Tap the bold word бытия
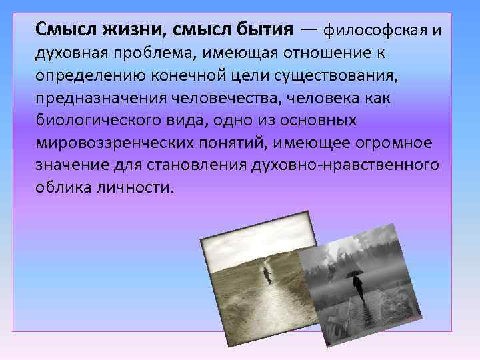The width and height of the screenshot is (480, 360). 261,29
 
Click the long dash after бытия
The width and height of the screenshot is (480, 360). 309,30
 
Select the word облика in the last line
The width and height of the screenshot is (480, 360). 60,188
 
